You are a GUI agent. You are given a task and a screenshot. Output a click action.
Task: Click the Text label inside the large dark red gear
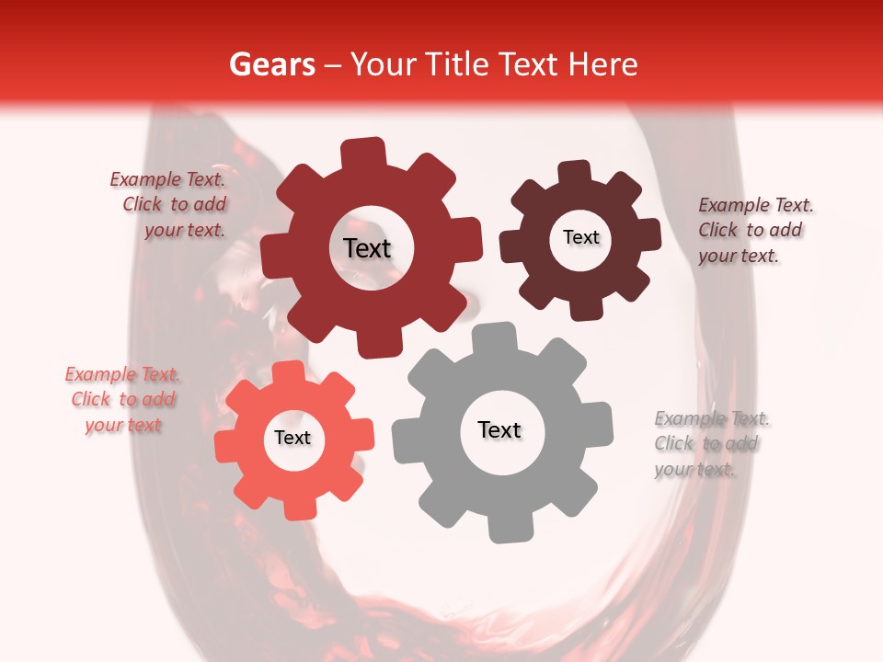pyautogui.click(x=367, y=248)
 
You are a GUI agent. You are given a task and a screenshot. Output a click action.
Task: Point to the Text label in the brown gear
pyautogui.click(x=580, y=237)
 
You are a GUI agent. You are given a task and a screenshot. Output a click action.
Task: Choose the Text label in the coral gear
pyautogui.click(x=292, y=439)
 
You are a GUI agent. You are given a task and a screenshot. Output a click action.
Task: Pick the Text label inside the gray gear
pyautogui.click(x=499, y=429)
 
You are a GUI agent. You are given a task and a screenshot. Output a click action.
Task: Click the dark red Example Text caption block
pyautogui.click(x=168, y=204)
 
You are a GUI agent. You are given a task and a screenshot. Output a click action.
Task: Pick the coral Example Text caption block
pyautogui.click(x=122, y=400)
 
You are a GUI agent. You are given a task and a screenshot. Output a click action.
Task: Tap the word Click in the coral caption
pyautogui.click(x=91, y=400)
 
